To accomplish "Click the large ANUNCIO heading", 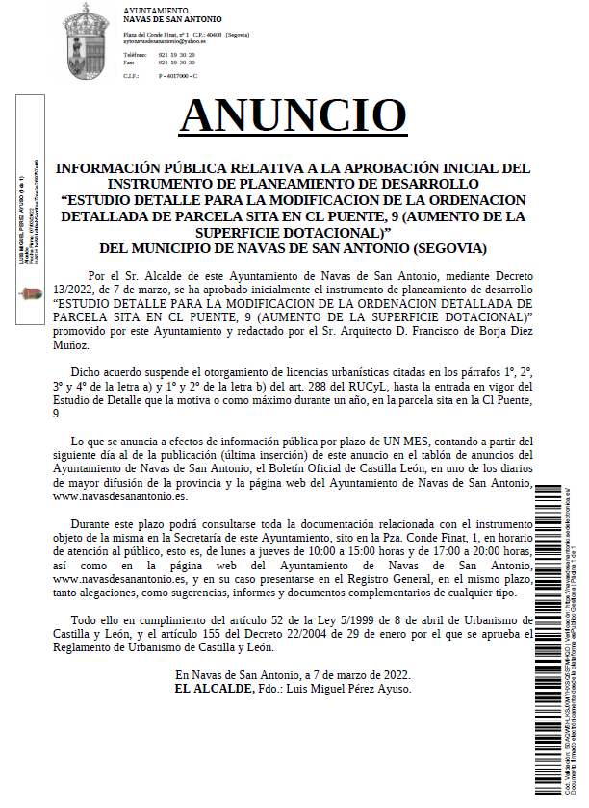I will [x=294, y=114].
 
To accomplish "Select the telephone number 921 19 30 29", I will [x=176, y=55].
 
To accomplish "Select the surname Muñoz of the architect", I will [x=71, y=343].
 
